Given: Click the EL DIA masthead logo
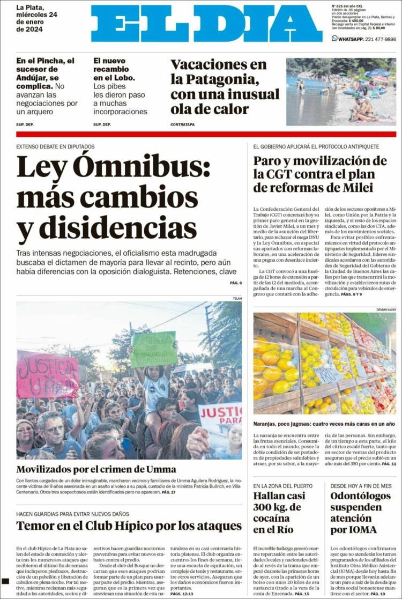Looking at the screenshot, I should (206, 24).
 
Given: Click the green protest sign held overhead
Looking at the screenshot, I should (154, 349).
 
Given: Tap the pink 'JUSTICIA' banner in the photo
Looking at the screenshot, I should (47, 374).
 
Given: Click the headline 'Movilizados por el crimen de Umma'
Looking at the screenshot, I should (96, 469).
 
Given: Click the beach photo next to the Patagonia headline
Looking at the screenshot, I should (341, 92).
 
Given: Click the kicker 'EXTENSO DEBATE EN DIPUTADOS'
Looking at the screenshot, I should (55, 146).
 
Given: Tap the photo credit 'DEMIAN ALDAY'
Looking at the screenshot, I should (385, 309).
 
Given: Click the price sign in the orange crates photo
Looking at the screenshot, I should (327, 374).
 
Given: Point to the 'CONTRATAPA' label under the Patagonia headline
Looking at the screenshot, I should (182, 124).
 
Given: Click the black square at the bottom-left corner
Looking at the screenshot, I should (5, 581).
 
